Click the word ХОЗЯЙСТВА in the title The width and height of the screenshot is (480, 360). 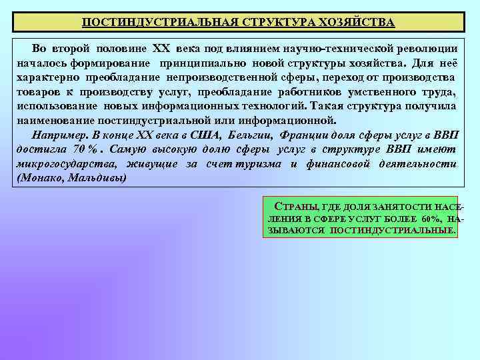(357, 22)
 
